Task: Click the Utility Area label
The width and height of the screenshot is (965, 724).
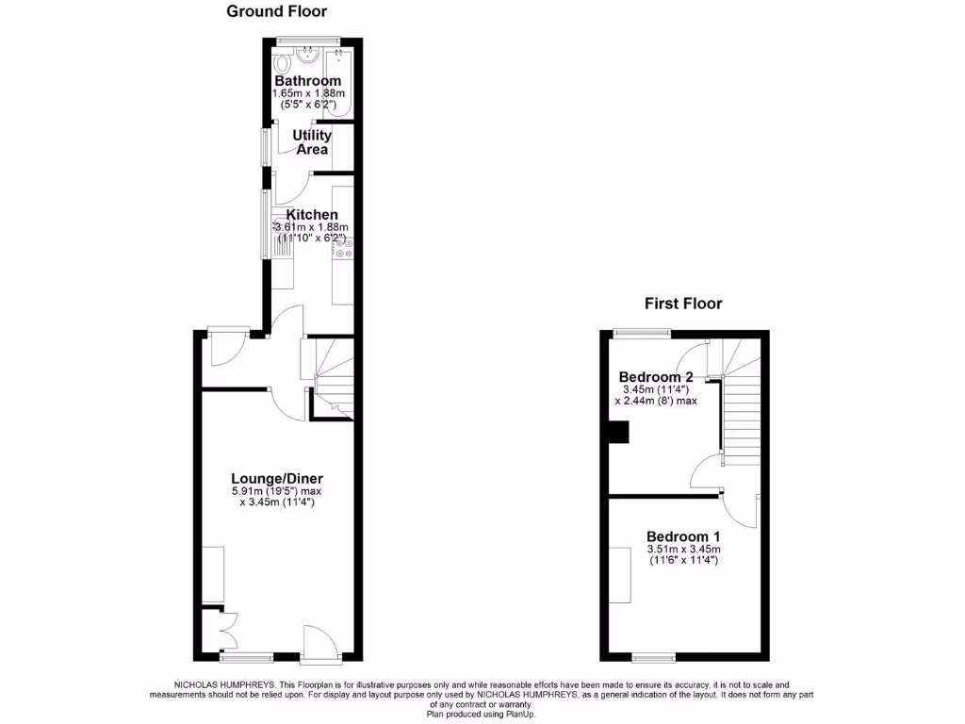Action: pos(312,142)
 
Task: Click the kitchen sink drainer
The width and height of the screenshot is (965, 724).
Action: pos(284,248)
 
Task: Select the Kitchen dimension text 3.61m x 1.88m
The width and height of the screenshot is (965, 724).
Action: pos(311,227)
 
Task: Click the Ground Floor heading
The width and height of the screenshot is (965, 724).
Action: pos(276,11)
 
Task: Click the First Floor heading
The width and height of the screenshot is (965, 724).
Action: pos(683,304)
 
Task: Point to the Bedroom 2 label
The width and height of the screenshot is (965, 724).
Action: pos(656,377)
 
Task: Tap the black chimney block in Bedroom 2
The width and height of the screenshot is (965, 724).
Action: pos(619,432)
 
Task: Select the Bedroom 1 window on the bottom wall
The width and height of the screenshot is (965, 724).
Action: pos(653,657)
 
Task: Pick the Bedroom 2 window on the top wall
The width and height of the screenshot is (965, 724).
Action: pos(642,332)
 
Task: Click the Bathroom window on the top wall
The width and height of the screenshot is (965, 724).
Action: pos(307,39)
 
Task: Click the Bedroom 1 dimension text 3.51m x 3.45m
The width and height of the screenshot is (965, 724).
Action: pos(683,550)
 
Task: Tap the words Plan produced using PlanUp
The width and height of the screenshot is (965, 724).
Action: pos(482,714)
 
